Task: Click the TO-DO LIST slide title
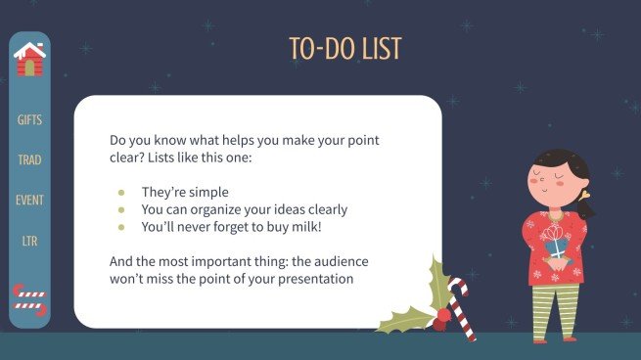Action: coord(344,48)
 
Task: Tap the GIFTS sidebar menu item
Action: coord(30,120)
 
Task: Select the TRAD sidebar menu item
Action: coord(30,159)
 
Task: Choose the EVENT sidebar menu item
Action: coord(30,200)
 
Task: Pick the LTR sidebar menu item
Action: coord(30,240)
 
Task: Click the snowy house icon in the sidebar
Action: coord(30,61)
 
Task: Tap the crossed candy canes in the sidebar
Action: coord(29,298)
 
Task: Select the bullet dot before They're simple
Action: coord(121,193)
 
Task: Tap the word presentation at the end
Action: coord(314,280)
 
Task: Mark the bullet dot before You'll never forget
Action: coord(121,227)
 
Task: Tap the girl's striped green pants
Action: coord(554,309)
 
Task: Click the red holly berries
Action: coord(443,315)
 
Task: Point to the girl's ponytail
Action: coord(586,206)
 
